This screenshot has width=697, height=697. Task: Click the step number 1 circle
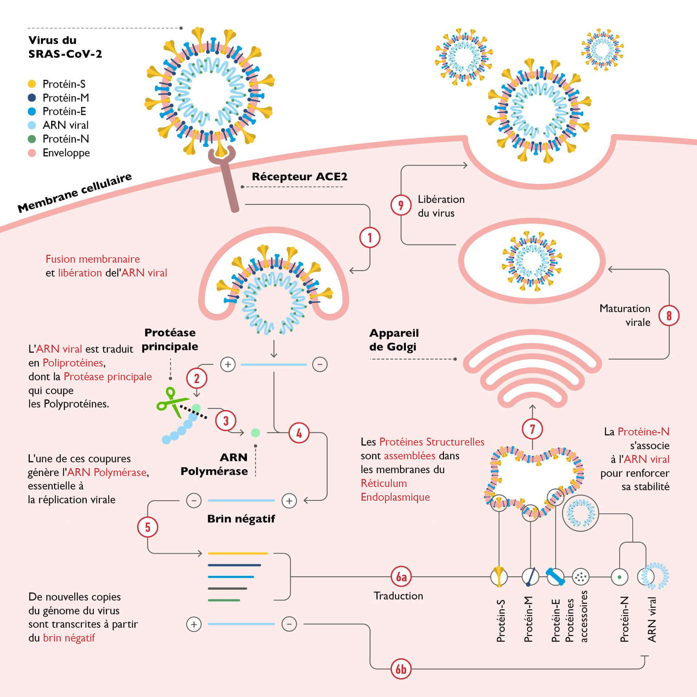(x=370, y=238)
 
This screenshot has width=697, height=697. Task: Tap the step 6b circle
(x=401, y=669)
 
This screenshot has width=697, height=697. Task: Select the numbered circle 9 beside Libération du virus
(x=401, y=205)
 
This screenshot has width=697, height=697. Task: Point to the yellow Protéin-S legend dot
(x=32, y=84)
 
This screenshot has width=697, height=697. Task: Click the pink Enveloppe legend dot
(x=32, y=153)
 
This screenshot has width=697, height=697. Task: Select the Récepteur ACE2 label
(x=299, y=177)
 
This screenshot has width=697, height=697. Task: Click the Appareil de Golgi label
(x=394, y=340)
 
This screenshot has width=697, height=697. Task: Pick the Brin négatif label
(x=241, y=519)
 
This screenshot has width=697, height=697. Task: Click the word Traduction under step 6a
(x=398, y=596)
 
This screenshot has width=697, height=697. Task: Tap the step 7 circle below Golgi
(x=532, y=429)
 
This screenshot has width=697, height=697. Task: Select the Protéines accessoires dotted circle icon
(x=580, y=577)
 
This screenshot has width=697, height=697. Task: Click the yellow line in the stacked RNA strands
(x=238, y=553)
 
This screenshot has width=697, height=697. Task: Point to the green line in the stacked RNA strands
(x=224, y=600)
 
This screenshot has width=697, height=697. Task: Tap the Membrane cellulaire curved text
(x=74, y=193)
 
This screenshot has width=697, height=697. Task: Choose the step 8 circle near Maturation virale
(x=669, y=315)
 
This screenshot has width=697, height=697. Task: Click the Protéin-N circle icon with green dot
(x=619, y=577)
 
